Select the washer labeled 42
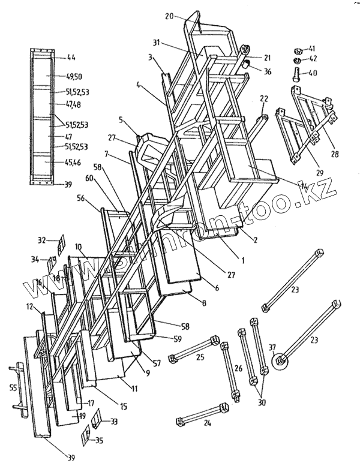pos(298,61)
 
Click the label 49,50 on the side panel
pos(74,77)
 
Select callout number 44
pos(71,58)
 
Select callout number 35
pos(98,441)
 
